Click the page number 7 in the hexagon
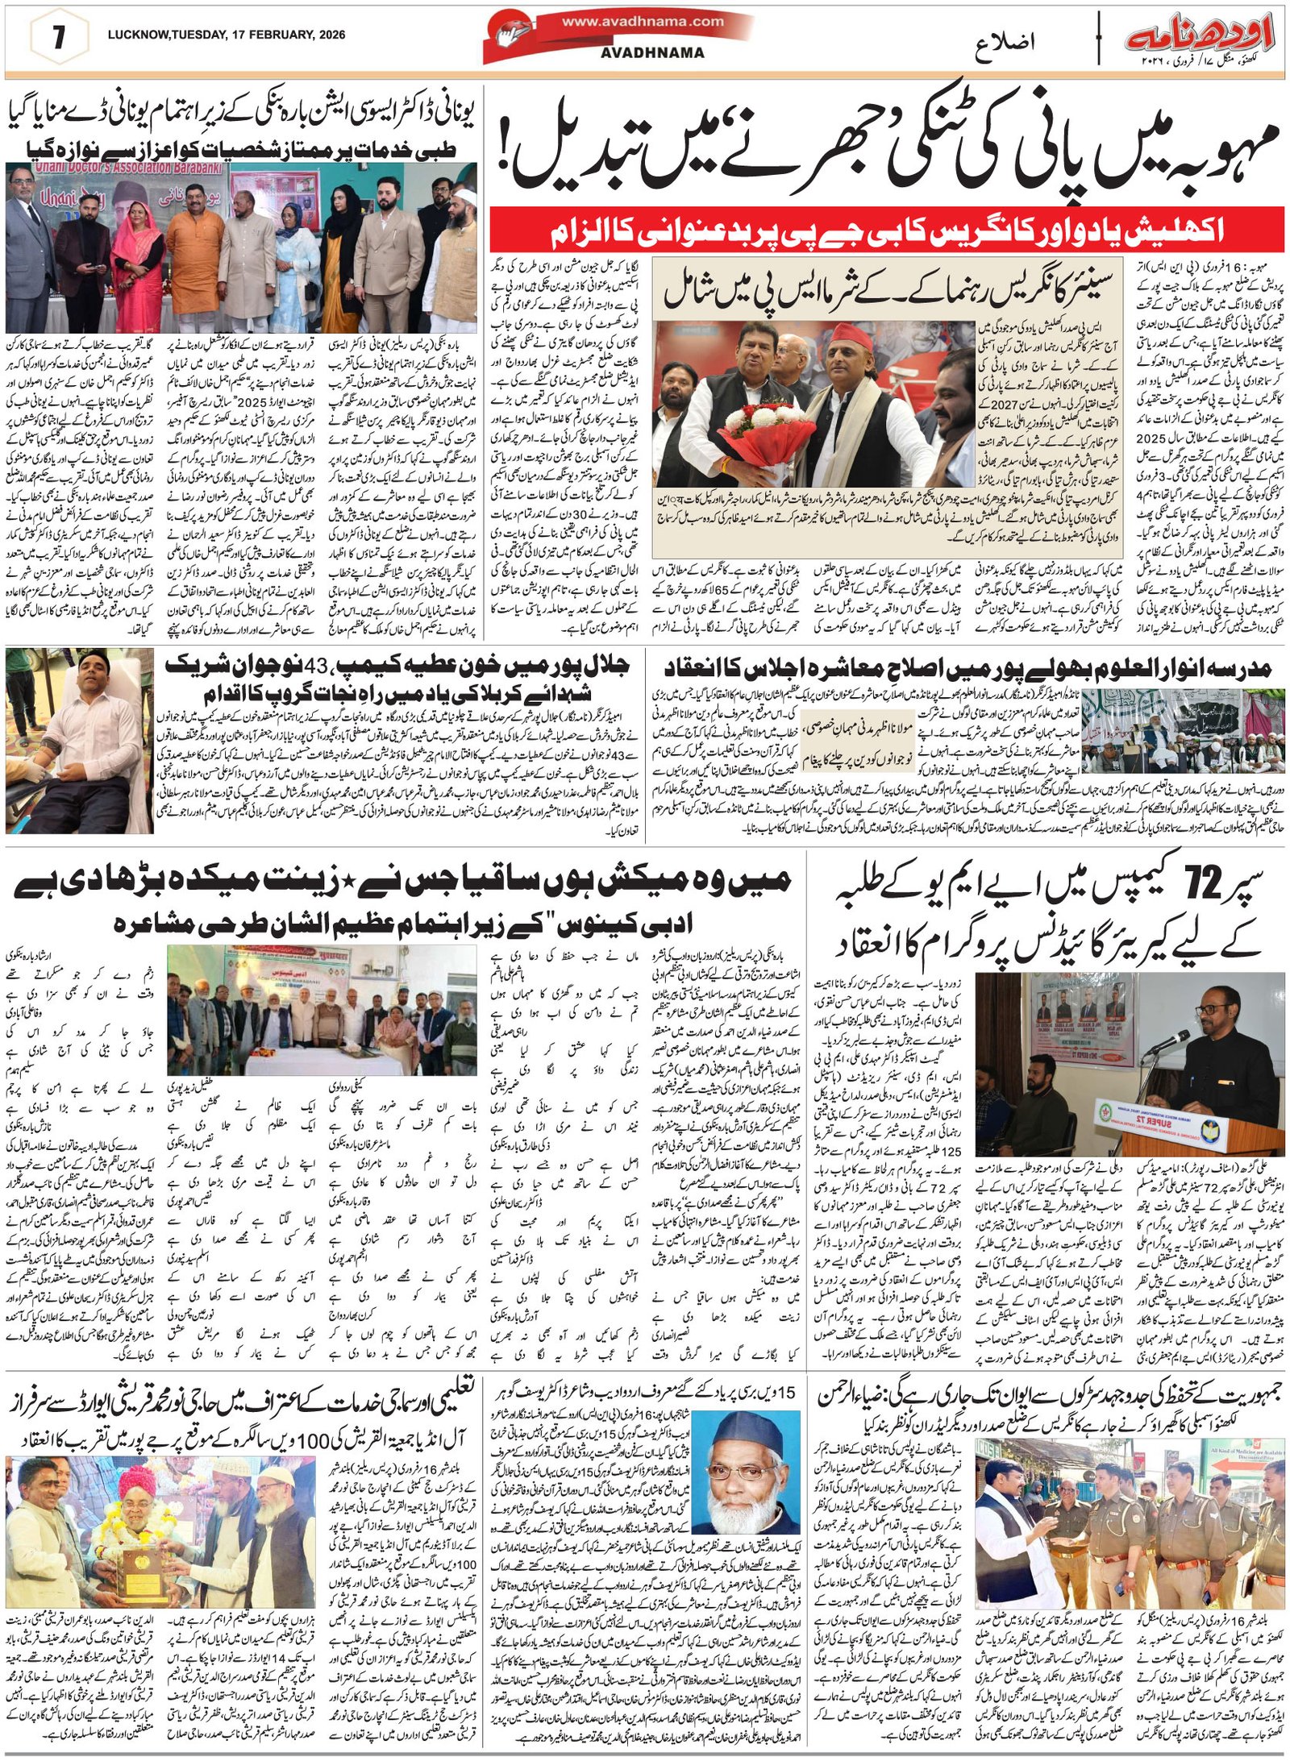tap(58, 39)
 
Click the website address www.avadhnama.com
tap(642, 22)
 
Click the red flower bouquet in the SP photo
tap(755, 439)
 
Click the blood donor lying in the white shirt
tap(77, 725)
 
